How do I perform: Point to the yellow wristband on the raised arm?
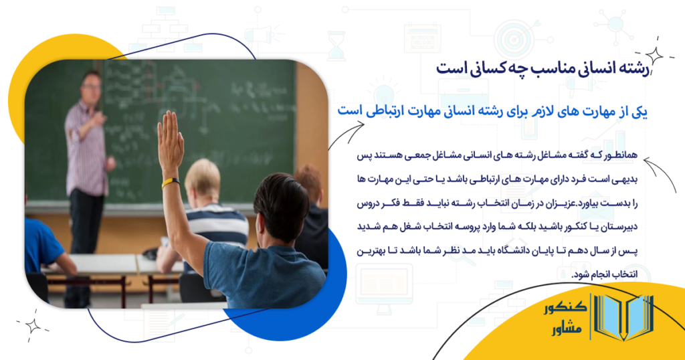pyautogui.click(x=171, y=181)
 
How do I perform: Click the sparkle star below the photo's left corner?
pyautogui.click(x=31, y=326)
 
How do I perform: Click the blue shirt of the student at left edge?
pyautogui.click(x=40, y=244)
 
